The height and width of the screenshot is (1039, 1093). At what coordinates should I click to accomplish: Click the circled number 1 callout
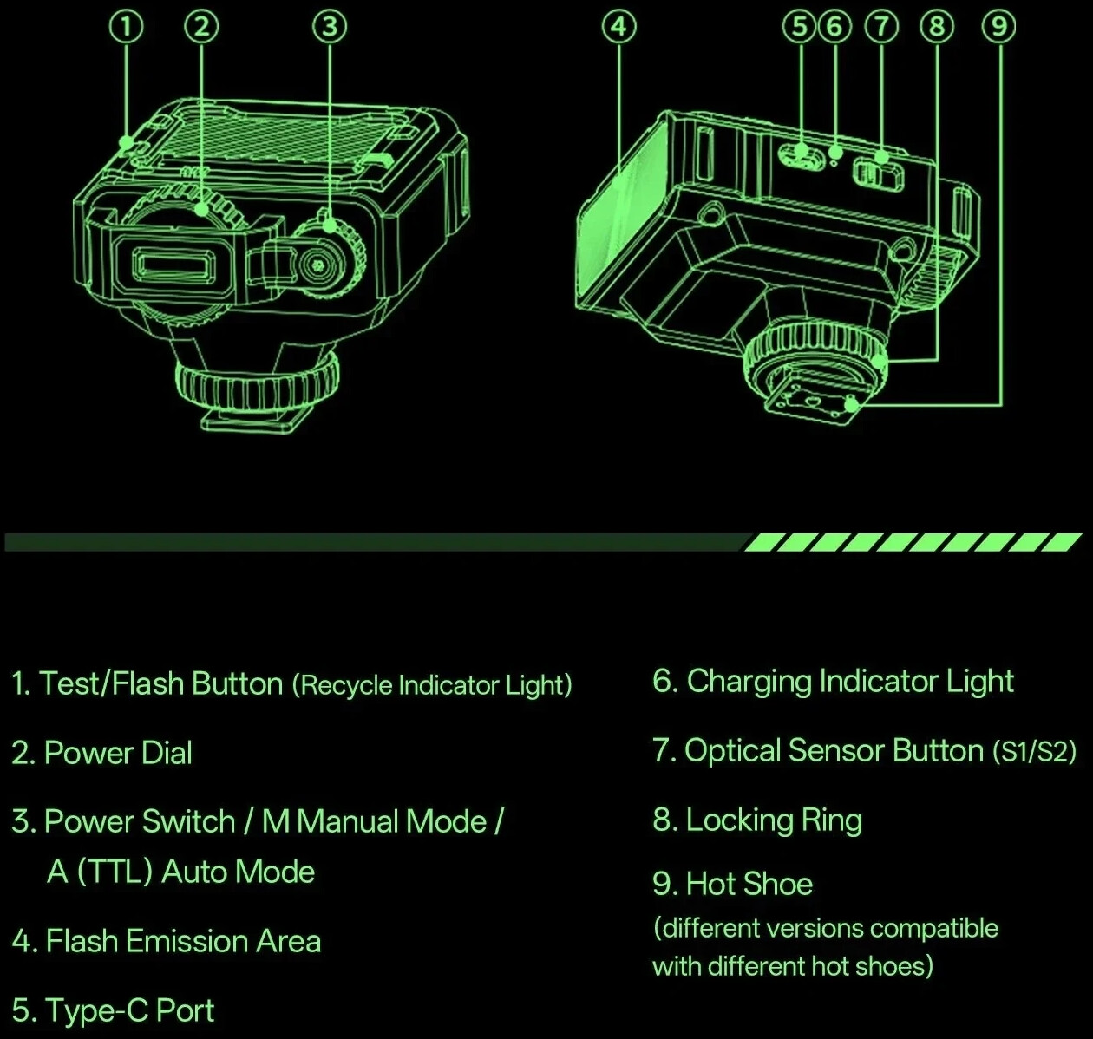pyautogui.click(x=127, y=28)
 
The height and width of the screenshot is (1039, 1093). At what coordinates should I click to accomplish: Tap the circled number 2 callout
pyautogui.click(x=201, y=28)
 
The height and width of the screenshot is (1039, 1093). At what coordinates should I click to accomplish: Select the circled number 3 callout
pyautogui.click(x=329, y=28)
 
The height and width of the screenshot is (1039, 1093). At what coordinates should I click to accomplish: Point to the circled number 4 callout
pyautogui.click(x=618, y=28)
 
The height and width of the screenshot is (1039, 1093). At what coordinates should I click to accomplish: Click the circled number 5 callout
pyautogui.click(x=800, y=28)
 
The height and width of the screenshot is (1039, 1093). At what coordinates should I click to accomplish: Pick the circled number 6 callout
pyautogui.click(x=834, y=28)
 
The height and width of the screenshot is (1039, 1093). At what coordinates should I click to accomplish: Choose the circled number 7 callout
pyautogui.click(x=882, y=28)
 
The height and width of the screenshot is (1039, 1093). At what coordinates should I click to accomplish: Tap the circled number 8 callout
pyautogui.click(x=936, y=28)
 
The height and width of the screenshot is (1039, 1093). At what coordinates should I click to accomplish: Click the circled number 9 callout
pyautogui.click(x=999, y=28)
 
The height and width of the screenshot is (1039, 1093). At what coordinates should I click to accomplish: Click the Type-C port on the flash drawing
pyautogui.click(x=801, y=157)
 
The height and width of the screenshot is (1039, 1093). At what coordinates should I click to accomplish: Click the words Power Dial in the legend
pyautogui.click(x=117, y=753)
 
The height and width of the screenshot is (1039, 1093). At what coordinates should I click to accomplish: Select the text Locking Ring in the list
pyautogui.click(x=774, y=820)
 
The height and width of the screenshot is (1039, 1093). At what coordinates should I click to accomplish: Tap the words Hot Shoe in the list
pyautogui.click(x=749, y=885)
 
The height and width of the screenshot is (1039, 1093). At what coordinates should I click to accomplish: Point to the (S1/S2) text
pyautogui.click(x=1034, y=751)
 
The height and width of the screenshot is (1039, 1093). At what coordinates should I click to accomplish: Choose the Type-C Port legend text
pyautogui.click(x=129, y=1011)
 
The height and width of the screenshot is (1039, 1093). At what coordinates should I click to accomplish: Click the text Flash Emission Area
pyautogui.click(x=183, y=942)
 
